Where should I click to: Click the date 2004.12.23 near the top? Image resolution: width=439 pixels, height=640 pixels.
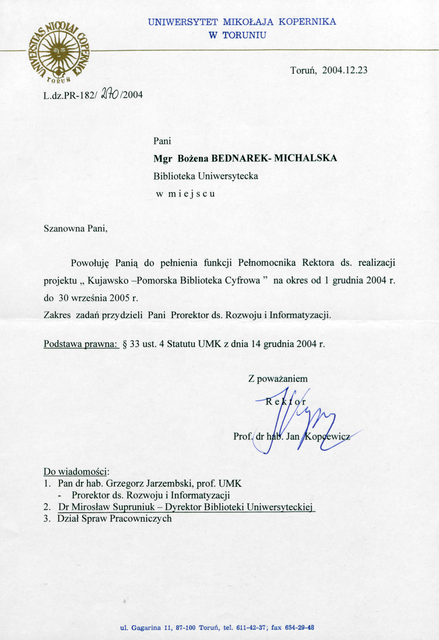pos(345,70)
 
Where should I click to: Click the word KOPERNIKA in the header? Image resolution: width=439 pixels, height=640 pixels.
pos(308,22)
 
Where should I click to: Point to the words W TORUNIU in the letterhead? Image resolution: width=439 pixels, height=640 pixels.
pos(237,35)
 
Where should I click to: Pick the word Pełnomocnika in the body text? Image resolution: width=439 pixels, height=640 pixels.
pos(267,263)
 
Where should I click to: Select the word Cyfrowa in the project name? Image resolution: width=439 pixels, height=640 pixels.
pos(242,281)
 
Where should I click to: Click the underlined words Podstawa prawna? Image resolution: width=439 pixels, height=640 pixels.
pos(81,344)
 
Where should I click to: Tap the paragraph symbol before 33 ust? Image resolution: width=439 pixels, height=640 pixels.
pos(125,344)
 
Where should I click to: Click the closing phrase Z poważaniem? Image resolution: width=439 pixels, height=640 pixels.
pos(278,379)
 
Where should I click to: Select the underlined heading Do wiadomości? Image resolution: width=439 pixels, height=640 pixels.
pos(76,472)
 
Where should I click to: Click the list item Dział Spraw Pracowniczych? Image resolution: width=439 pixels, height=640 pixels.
pos(114,518)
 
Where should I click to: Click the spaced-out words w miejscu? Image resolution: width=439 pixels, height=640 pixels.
pos(185,194)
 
